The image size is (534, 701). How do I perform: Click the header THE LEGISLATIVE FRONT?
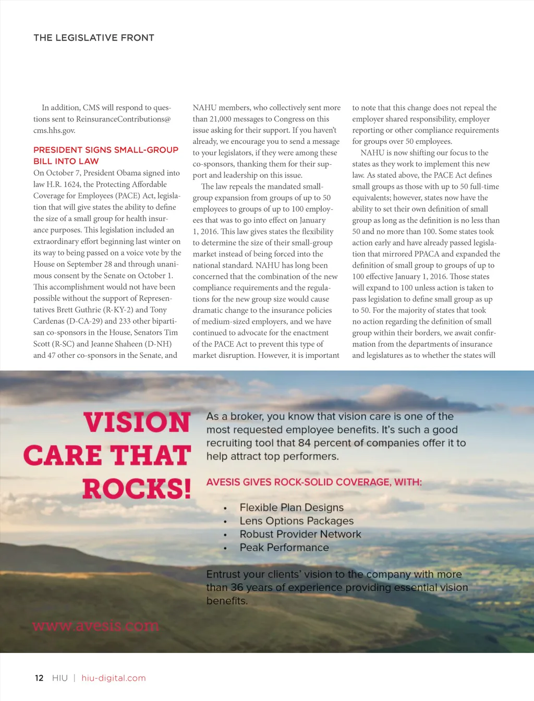(94, 38)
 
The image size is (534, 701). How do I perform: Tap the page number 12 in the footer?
(39, 678)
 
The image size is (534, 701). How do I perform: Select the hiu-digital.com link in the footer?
(114, 678)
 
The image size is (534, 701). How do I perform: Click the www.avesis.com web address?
(95, 625)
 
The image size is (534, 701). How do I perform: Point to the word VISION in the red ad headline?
(137, 422)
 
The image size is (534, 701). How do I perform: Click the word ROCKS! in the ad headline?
(137, 489)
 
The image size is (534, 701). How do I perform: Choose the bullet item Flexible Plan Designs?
(292, 507)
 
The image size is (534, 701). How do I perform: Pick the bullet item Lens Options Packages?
(296, 521)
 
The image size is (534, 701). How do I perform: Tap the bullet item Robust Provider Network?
(300, 534)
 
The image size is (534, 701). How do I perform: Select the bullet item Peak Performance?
(284, 548)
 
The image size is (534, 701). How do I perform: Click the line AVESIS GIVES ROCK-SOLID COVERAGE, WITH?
(314, 482)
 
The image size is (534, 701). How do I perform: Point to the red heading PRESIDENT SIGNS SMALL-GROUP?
(106, 150)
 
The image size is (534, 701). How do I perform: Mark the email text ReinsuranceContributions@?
(124, 119)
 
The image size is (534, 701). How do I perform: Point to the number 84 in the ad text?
(304, 443)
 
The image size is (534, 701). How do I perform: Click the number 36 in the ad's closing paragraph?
(237, 587)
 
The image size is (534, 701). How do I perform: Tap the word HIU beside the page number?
(60, 678)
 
